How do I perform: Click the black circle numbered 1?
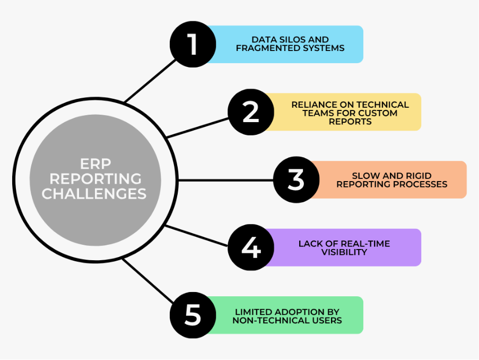coord(193,44)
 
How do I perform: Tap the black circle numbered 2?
coord(250,112)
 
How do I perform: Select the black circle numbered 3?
coord(296,179)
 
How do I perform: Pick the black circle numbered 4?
coord(250,247)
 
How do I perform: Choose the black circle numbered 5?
coord(193,315)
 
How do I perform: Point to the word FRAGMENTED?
coord(269,48)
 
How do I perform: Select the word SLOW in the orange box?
coord(365,176)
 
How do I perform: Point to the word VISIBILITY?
coord(344,252)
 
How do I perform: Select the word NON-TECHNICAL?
coord(265,320)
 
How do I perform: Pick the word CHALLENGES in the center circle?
coord(94,194)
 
